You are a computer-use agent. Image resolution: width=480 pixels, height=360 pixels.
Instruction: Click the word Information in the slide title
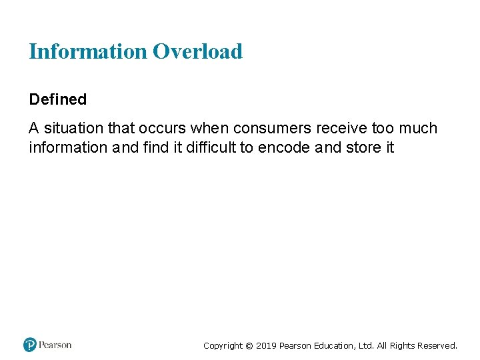[87, 51]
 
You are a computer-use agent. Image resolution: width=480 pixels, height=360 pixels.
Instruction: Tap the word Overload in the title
[197, 51]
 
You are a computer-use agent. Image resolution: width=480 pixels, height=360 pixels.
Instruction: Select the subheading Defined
[58, 99]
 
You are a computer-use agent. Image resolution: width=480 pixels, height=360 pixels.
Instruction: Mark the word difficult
[205, 147]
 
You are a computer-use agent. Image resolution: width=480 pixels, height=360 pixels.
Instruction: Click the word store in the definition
[363, 147]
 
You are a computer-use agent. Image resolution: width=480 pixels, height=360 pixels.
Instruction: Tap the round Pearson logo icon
[30, 345]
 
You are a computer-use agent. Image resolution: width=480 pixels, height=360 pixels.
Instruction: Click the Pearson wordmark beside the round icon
[55, 345]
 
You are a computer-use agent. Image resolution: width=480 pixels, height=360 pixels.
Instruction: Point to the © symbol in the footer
[249, 345]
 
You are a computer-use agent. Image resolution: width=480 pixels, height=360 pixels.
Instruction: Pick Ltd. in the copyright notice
[367, 345]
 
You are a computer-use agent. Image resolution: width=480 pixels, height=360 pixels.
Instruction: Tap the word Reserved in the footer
[437, 345]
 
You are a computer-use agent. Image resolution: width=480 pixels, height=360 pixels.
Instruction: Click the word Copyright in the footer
[223, 345]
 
